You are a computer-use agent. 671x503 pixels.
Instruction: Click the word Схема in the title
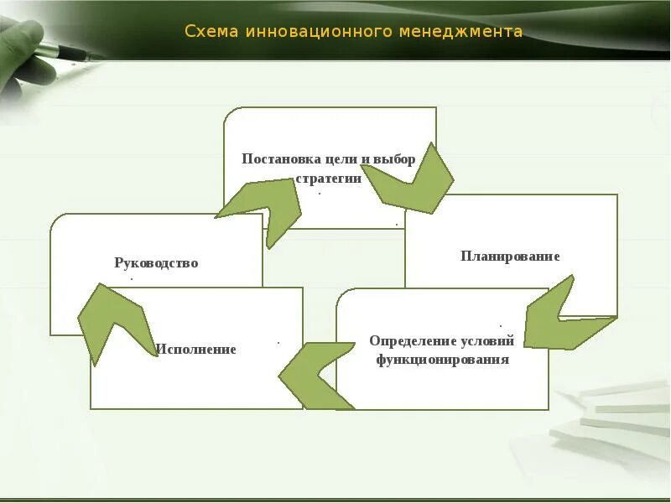pyautogui.click(x=211, y=32)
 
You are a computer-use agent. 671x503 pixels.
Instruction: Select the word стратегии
pyautogui.click(x=329, y=178)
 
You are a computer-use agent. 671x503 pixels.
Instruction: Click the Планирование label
pyautogui.click(x=510, y=256)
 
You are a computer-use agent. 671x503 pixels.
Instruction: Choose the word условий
pyautogui.click(x=487, y=341)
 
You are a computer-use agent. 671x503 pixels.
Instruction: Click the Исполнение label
pyautogui.click(x=195, y=349)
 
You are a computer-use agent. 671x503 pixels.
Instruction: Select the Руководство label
pyautogui.click(x=156, y=262)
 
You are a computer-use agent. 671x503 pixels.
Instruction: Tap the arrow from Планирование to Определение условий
pyautogui.click(x=562, y=319)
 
